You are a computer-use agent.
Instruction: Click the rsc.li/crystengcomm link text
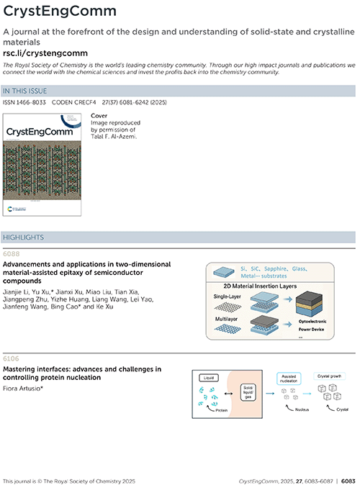[x=45, y=53]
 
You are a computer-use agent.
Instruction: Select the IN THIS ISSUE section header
[x=24, y=91]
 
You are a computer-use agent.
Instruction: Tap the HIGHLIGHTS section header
[x=24, y=237]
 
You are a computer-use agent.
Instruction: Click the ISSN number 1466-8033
[x=31, y=102]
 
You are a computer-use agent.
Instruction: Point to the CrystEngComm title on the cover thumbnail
[x=40, y=132]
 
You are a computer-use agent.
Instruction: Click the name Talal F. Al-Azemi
[x=114, y=137]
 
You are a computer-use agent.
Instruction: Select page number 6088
[x=11, y=254]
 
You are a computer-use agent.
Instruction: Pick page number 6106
[x=11, y=359]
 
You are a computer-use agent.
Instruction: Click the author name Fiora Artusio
[x=22, y=389]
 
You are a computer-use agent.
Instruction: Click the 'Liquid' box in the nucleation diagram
[x=209, y=378]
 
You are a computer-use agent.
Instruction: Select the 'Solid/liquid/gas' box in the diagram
[x=248, y=392]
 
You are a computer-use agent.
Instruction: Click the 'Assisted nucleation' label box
[x=289, y=379]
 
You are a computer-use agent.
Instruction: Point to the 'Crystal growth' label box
[x=329, y=376]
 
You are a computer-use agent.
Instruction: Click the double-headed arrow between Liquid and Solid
[x=228, y=394]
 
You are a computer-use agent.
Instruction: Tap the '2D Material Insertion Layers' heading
[x=260, y=286]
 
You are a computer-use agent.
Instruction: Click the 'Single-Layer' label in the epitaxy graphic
[x=227, y=296]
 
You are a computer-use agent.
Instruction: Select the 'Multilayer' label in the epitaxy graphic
[x=226, y=319]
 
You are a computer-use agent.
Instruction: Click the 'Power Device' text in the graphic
[x=311, y=330]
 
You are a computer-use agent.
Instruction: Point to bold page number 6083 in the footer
[x=348, y=481]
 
